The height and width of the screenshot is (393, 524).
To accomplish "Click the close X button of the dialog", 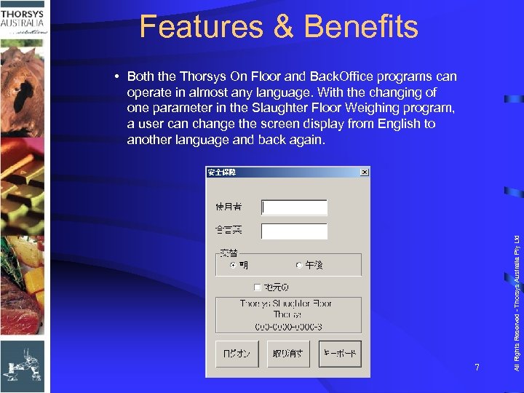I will pyautogui.click(x=365, y=172).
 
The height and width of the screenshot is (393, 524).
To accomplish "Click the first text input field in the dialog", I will pyautogui.click(x=294, y=207).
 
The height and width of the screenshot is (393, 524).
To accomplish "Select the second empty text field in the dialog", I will pyautogui.click(x=294, y=231).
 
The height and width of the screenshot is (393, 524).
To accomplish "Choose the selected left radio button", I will pyautogui.click(x=233, y=266).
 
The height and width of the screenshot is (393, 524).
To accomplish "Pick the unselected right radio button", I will pyautogui.click(x=299, y=266).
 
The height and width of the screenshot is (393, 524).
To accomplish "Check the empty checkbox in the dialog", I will pyautogui.click(x=257, y=287).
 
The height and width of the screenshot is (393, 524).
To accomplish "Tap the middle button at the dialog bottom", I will pyautogui.click(x=287, y=354).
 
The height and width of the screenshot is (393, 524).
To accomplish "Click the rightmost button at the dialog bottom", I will pyautogui.click(x=339, y=354).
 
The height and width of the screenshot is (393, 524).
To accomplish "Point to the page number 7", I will pyautogui.click(x=477, y=368).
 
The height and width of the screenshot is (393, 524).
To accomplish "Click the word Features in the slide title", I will pyautogui.click(x=201, y=27).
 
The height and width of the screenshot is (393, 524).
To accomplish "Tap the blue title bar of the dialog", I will pyautogui.click(x=284, y=172).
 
